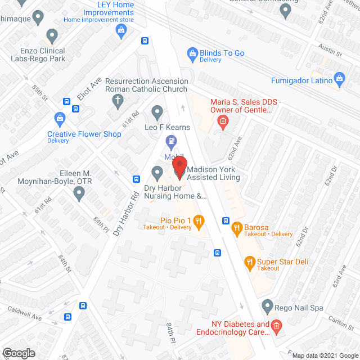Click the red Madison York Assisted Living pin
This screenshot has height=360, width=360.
click(x=179, y=167)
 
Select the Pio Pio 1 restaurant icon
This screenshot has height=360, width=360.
click(x=198, y=223)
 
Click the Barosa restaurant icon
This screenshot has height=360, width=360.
click(x=237, y=227)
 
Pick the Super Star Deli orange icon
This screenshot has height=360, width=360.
click(x=250, y=262)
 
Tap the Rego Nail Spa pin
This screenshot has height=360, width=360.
click(x=268, y=307)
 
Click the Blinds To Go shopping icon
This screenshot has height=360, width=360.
click(x=192, y=53)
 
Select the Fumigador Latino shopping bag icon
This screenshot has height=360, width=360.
click(x=339, y=78)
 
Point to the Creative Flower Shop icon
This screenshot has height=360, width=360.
click(x=60, y=119)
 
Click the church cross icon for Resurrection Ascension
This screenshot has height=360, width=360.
click(x=118, y=101)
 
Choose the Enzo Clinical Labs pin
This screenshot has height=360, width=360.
click(x=52, y=37)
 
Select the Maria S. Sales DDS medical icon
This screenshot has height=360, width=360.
click(x=222, y=121)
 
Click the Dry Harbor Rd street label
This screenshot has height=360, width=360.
click(x=126, y=206)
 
